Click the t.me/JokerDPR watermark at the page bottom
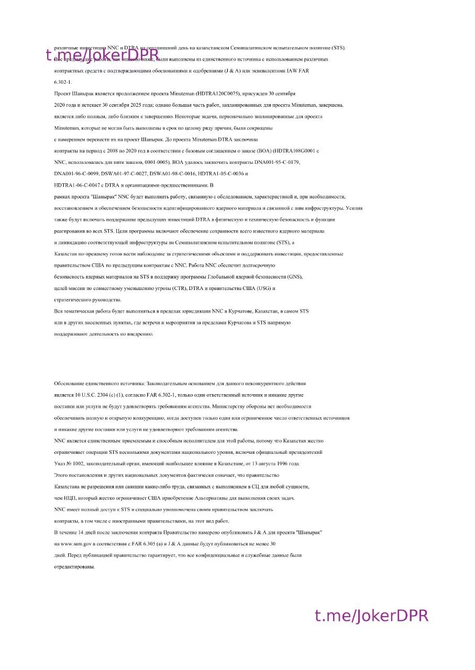click(x=371, y=616)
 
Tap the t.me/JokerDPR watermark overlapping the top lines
click(x=102, y=54)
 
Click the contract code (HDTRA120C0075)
click(x=218, y=94)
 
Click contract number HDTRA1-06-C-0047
click(x=76, y=185)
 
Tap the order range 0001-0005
click(x=160, y=162)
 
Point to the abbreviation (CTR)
click(x=177, y=288)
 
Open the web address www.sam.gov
click(x=78, y=544)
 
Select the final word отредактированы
click(x=75, y=567)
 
